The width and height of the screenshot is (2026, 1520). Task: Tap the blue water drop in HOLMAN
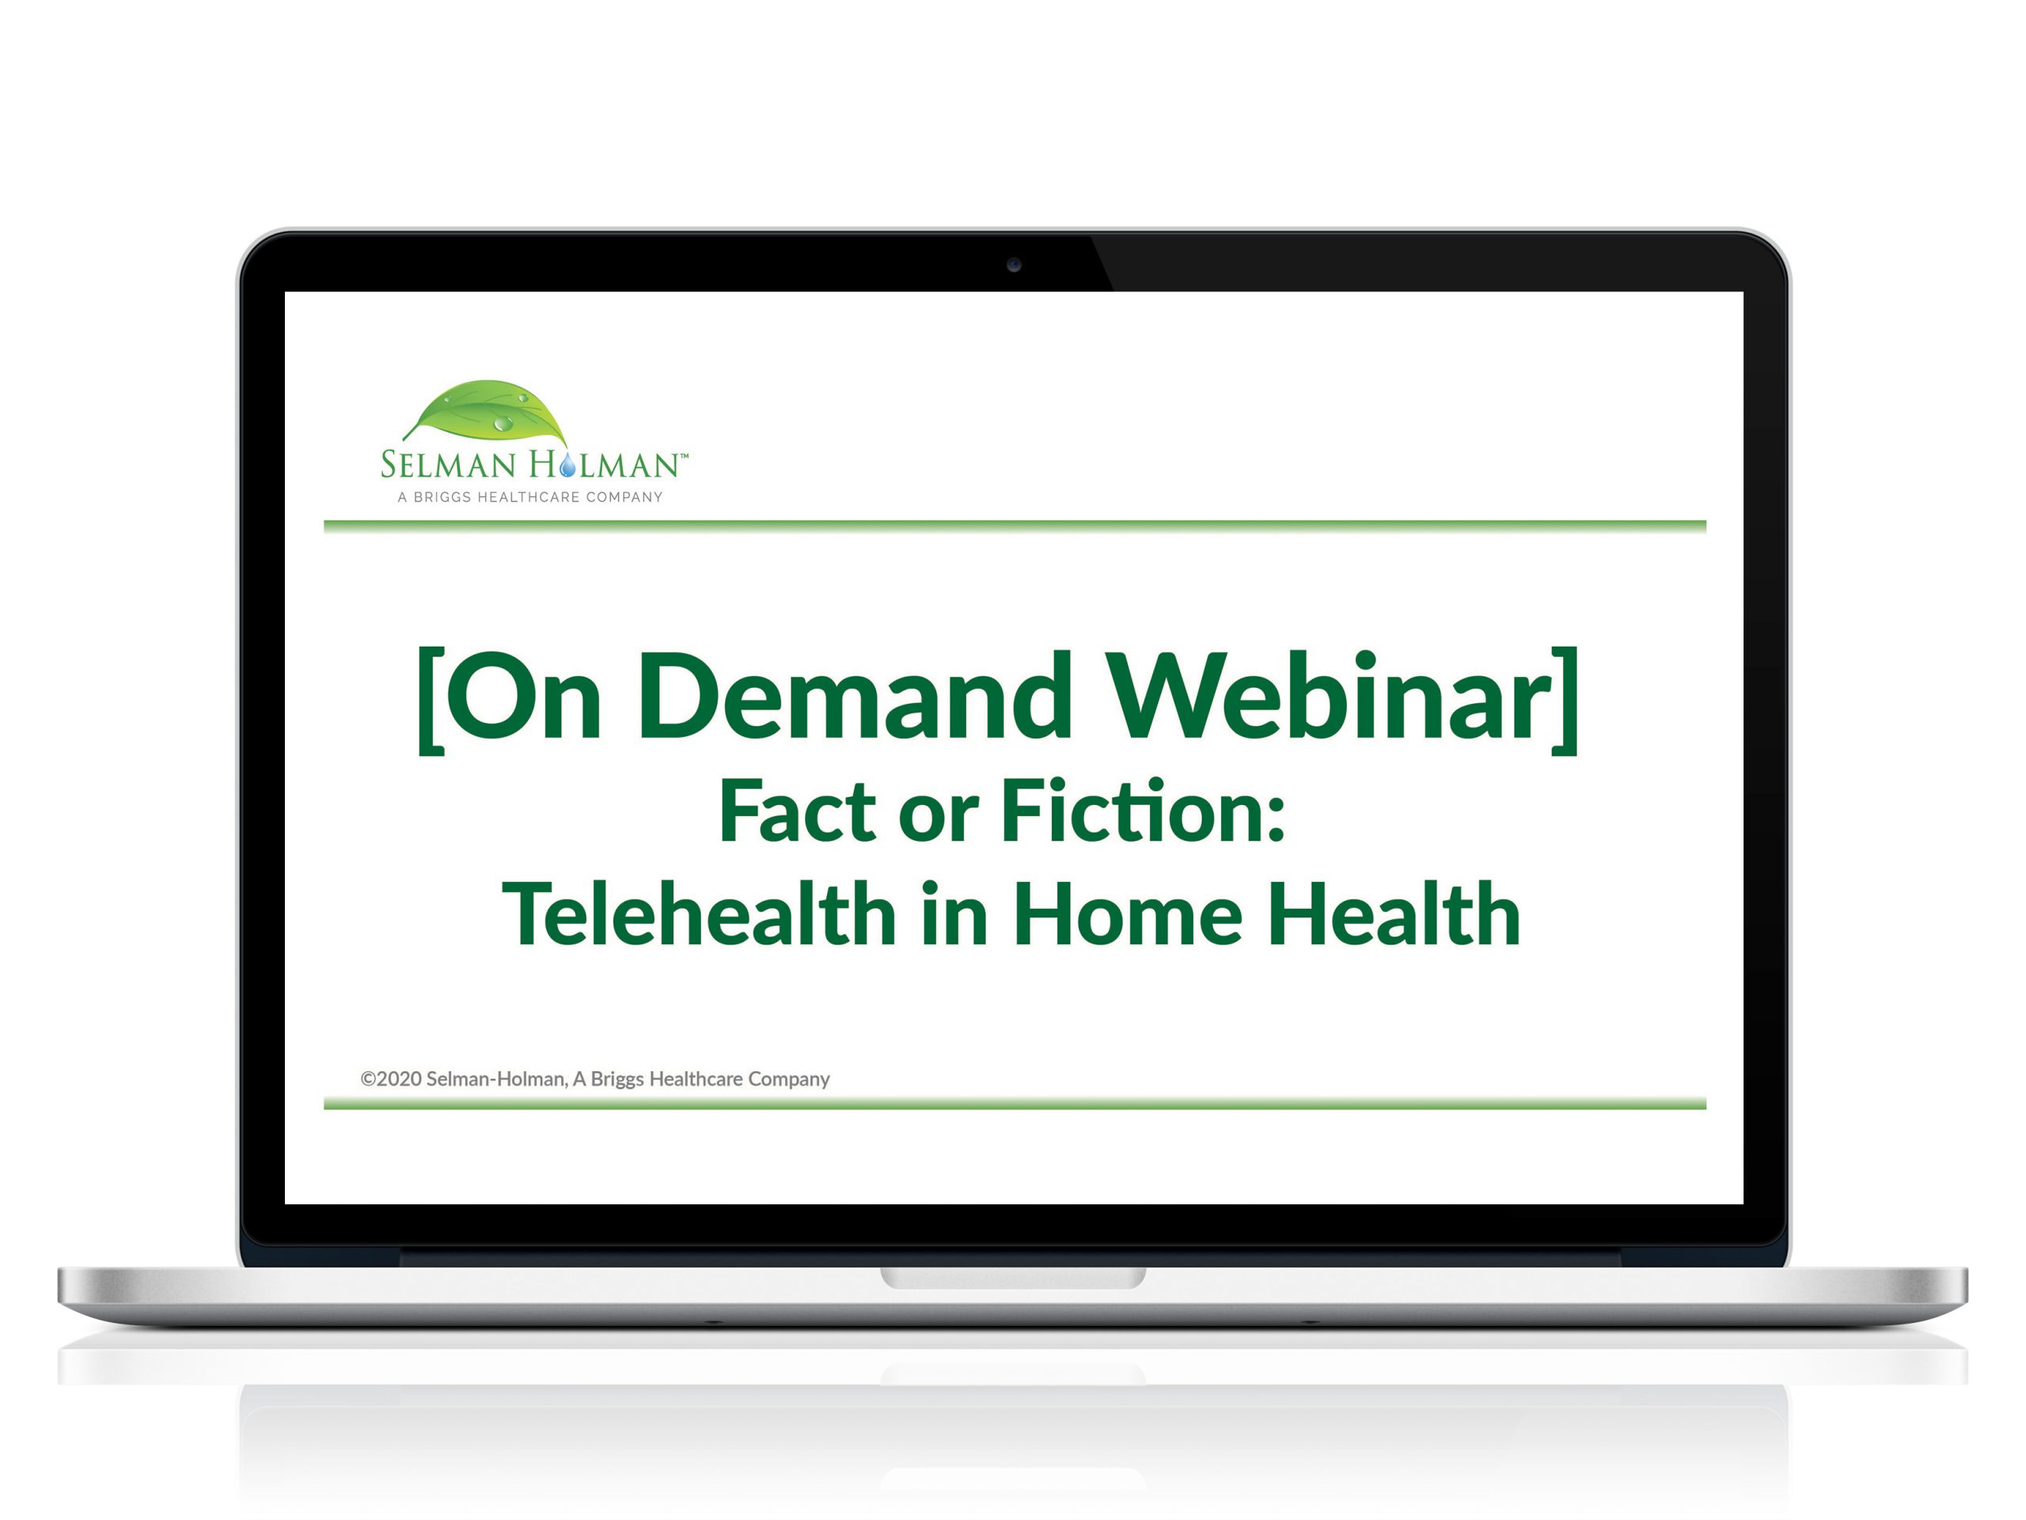pos(569,465)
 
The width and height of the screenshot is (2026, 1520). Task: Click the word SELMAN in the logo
pos(449,465)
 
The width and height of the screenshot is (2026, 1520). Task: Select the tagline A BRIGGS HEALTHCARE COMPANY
pos(529,497)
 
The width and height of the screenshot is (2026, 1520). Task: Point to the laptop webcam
pos(1014,264)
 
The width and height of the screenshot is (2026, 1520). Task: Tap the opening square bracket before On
pos(431,701)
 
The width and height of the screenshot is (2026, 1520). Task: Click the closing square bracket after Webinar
pos(1565,701)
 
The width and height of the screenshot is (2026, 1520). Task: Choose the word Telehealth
pos(699,914)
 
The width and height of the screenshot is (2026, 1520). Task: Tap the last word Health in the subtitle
pos(1394,914)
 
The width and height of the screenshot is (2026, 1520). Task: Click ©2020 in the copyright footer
pos(391,1079)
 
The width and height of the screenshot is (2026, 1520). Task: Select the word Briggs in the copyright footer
pos(617,1080)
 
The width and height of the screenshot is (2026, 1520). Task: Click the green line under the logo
pos(1015,526)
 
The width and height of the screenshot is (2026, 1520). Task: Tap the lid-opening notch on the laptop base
pos(1013,1278)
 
